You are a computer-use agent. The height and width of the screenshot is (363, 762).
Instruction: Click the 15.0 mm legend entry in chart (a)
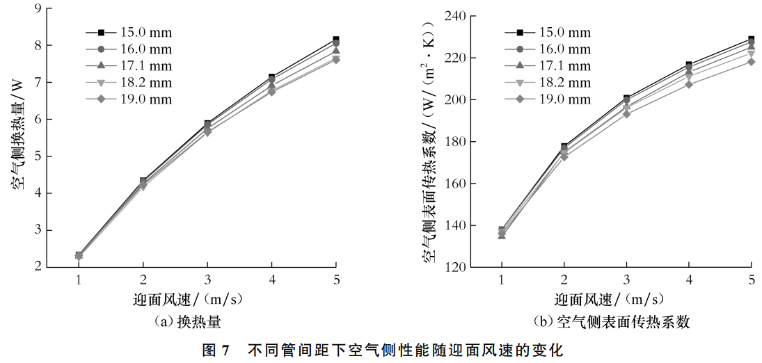pos(129,33)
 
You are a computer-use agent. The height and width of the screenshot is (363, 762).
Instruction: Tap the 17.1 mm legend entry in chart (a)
pos(129,66)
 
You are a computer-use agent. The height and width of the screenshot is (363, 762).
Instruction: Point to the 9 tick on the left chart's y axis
pos(37,8)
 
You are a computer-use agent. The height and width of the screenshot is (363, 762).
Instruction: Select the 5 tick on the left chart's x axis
pos(336,280)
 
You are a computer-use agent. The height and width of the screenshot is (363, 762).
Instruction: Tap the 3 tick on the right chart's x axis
pos(626,280)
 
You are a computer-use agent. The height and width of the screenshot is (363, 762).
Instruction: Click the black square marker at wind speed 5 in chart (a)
pos(336,40)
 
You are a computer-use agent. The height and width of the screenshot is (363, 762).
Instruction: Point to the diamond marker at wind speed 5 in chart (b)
pos(752,62)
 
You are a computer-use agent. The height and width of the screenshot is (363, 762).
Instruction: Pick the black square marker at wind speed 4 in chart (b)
pos(689,65)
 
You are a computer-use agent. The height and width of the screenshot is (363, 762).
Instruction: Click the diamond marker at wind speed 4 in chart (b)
pos(689,84)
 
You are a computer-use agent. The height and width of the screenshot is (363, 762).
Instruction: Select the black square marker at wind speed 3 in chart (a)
pos(207,124)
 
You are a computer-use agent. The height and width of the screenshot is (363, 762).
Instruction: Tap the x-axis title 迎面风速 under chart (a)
pos(188,300)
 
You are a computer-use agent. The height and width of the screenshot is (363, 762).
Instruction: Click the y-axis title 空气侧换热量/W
pos(17,136)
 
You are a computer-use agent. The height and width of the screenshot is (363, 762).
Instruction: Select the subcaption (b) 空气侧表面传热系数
pos(611,322)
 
